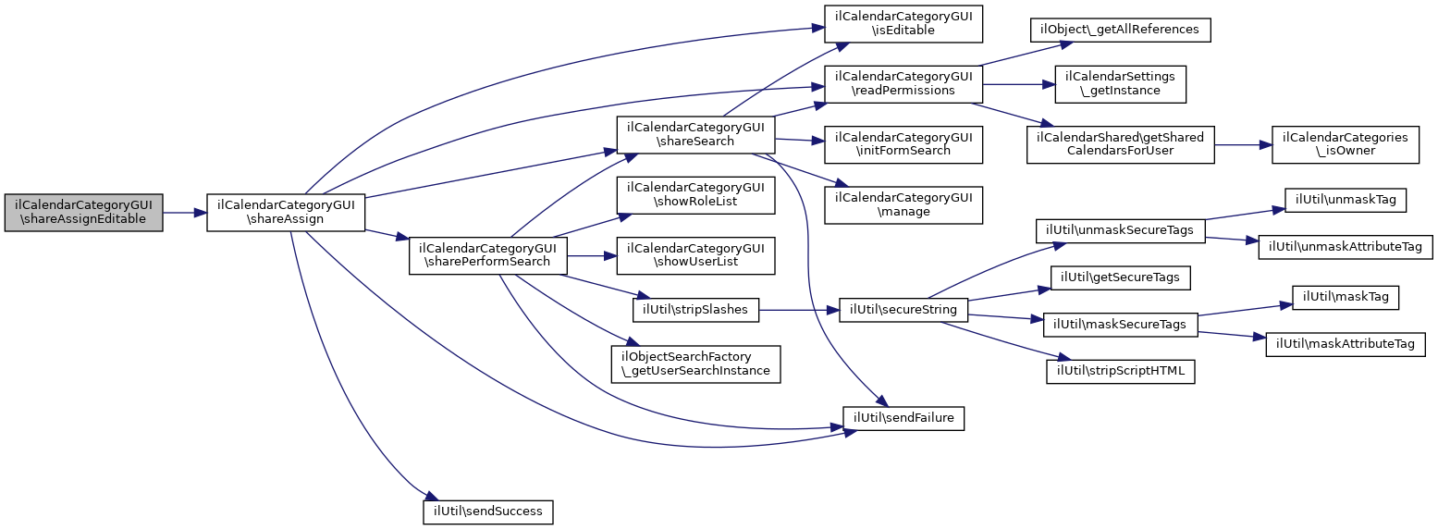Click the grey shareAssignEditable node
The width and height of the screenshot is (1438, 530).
click(83, 212)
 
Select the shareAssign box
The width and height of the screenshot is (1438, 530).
click(286, 212)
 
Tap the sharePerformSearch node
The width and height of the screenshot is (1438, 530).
click(487, 255)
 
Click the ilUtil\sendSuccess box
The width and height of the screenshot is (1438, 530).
click(488, 511)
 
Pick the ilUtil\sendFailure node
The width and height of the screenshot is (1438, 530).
click(903, 419)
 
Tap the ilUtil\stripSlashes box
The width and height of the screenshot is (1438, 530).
click(695, 310)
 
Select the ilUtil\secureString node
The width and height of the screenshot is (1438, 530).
click(903, 310)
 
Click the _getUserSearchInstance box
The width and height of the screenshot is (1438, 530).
click(695, 364)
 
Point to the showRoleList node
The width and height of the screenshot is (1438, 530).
click(695, 194)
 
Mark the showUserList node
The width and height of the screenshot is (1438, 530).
click(695, 255)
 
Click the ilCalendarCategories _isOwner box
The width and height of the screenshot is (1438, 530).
click(1344, 143)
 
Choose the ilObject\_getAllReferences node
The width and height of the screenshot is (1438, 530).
click(1120, 30)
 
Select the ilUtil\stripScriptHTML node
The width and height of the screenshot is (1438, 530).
click(1120, 372)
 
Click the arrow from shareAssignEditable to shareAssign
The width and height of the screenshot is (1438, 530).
click(184, 213)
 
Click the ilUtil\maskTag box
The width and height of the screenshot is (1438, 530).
click(1345, 297)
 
